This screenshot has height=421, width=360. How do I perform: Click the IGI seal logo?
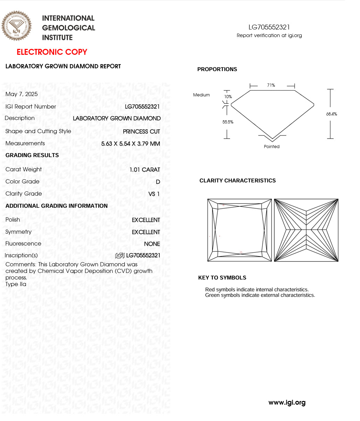[x=16, y=26]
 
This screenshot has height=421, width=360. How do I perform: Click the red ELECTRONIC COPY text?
[x=52, y=52]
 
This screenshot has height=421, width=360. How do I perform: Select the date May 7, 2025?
[x=22, y=94]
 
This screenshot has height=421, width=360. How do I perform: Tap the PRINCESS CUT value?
[x=141, y=131]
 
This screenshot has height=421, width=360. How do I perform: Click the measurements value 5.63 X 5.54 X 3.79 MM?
[x=131, y=144]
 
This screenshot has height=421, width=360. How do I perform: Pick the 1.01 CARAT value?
[x=145, y=170]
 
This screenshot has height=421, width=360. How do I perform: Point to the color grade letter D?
[x=158, y=182]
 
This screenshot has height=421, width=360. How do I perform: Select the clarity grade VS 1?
[x=154, y=194]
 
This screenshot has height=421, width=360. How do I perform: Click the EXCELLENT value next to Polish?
[x=146, y=220]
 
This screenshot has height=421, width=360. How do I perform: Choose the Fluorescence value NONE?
[x=152, y=244]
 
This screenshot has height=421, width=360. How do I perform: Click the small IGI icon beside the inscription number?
[x=120, y=256]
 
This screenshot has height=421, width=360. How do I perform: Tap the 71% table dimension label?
[x=271, y=85]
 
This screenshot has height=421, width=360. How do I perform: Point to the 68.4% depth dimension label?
[x=332, y=114]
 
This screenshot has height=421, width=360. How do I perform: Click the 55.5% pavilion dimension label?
[x=228, y=122]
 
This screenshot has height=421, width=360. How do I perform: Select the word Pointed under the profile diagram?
[x=271, y=147]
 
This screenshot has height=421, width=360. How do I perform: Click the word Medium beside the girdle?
[x=201, y=95]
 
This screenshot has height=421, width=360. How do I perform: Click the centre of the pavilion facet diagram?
[x=306, y=230]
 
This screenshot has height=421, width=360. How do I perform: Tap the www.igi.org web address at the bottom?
[x=287, y=403]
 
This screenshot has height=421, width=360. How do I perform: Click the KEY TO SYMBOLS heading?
[x=222, y=278]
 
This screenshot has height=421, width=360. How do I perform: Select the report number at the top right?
[x=269, y=27]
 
